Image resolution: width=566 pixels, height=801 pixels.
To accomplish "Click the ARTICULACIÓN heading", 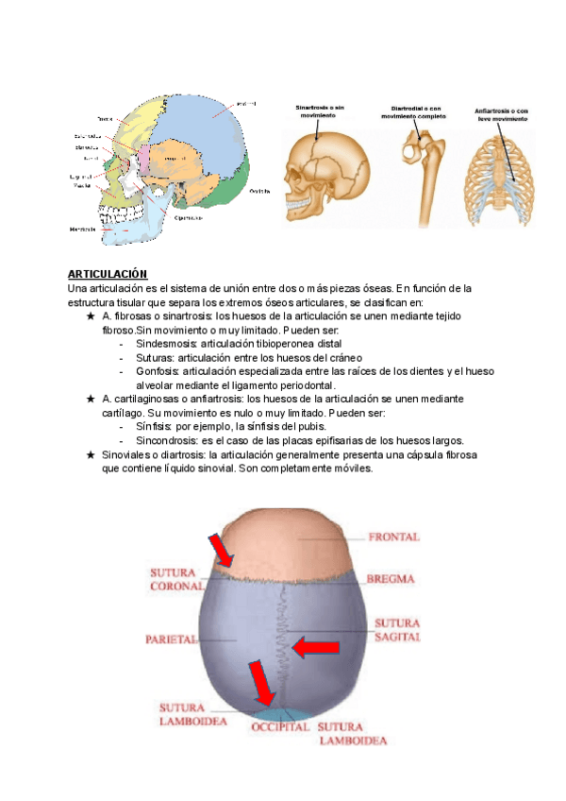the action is [108, 274].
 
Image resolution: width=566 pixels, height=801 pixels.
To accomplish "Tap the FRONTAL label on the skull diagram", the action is [393, 537].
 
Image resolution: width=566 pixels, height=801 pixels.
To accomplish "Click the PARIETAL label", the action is [170, 639].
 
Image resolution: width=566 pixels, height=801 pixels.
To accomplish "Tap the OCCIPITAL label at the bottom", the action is [280, 728].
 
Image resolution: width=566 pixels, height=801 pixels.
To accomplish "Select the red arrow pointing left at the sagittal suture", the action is [317, 647].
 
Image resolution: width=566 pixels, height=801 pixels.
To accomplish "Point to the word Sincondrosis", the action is [166, 440].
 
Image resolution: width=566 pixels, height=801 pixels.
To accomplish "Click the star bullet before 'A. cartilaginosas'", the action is [90, 400].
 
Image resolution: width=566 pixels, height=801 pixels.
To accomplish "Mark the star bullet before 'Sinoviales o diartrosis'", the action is [90, 454].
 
